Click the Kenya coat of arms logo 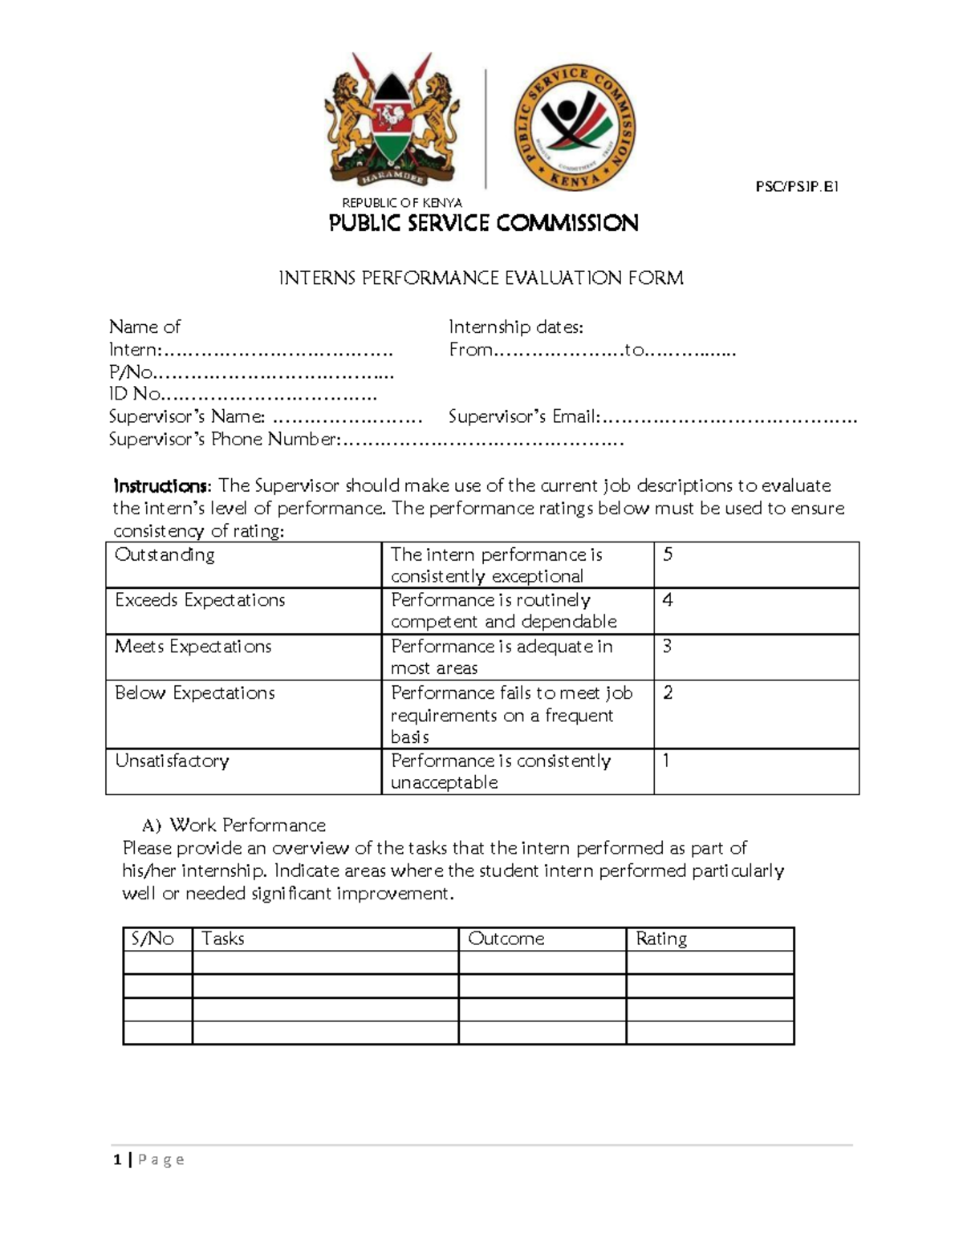[393, 120]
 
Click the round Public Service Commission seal [575, 127]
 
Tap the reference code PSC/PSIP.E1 [796, 187]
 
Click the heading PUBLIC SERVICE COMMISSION [483, 223]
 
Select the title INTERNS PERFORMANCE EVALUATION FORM [481, 278]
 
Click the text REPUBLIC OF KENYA [402, 203]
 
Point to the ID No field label [135, 394]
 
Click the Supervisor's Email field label [523, 416]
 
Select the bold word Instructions [161, 486]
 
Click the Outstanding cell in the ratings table [165, 554]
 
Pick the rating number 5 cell [668, 554]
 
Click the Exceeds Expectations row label [200, 600]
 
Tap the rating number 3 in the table [667, 646]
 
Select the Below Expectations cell [195, 692]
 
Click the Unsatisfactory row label [172, 761]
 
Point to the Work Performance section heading [247, 825]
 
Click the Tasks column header [223, 939]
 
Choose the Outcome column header [506, 939]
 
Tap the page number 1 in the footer [118, 1159]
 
